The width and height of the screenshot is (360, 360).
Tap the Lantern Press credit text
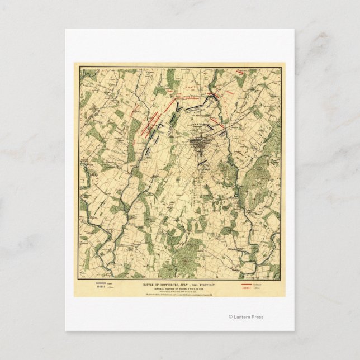[248, 317]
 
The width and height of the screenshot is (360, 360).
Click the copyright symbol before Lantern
[230, 317]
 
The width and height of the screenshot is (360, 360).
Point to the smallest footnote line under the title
[180, 295]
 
